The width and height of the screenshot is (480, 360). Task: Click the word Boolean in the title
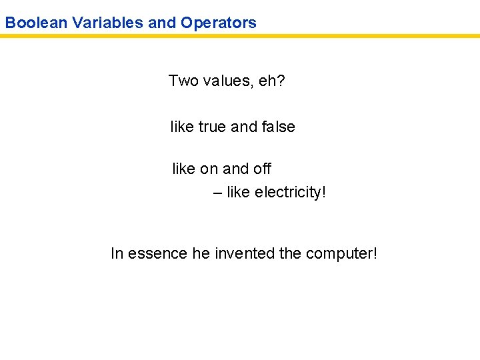click(x=36, y=23)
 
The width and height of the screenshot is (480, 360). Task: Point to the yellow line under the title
click(x=240, y=36)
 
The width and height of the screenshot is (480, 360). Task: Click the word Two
click(x=183, y=81)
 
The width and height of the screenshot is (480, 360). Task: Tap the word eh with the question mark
click(x=273, y=81)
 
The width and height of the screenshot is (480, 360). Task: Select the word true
click(x=213, y=127)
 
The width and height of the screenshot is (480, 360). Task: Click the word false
click(x=277, y=127)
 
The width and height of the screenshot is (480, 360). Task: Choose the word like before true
click(x=182, y=127)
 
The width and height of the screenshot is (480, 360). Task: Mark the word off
click(x=261, y=169)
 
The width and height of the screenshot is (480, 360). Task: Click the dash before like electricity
click(x=218, y=193)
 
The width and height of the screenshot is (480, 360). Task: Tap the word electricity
click(x=291, y=193)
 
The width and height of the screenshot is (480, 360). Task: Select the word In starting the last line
click(x=117, y=254)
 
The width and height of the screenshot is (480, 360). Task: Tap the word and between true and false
click(x=243, y=127)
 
